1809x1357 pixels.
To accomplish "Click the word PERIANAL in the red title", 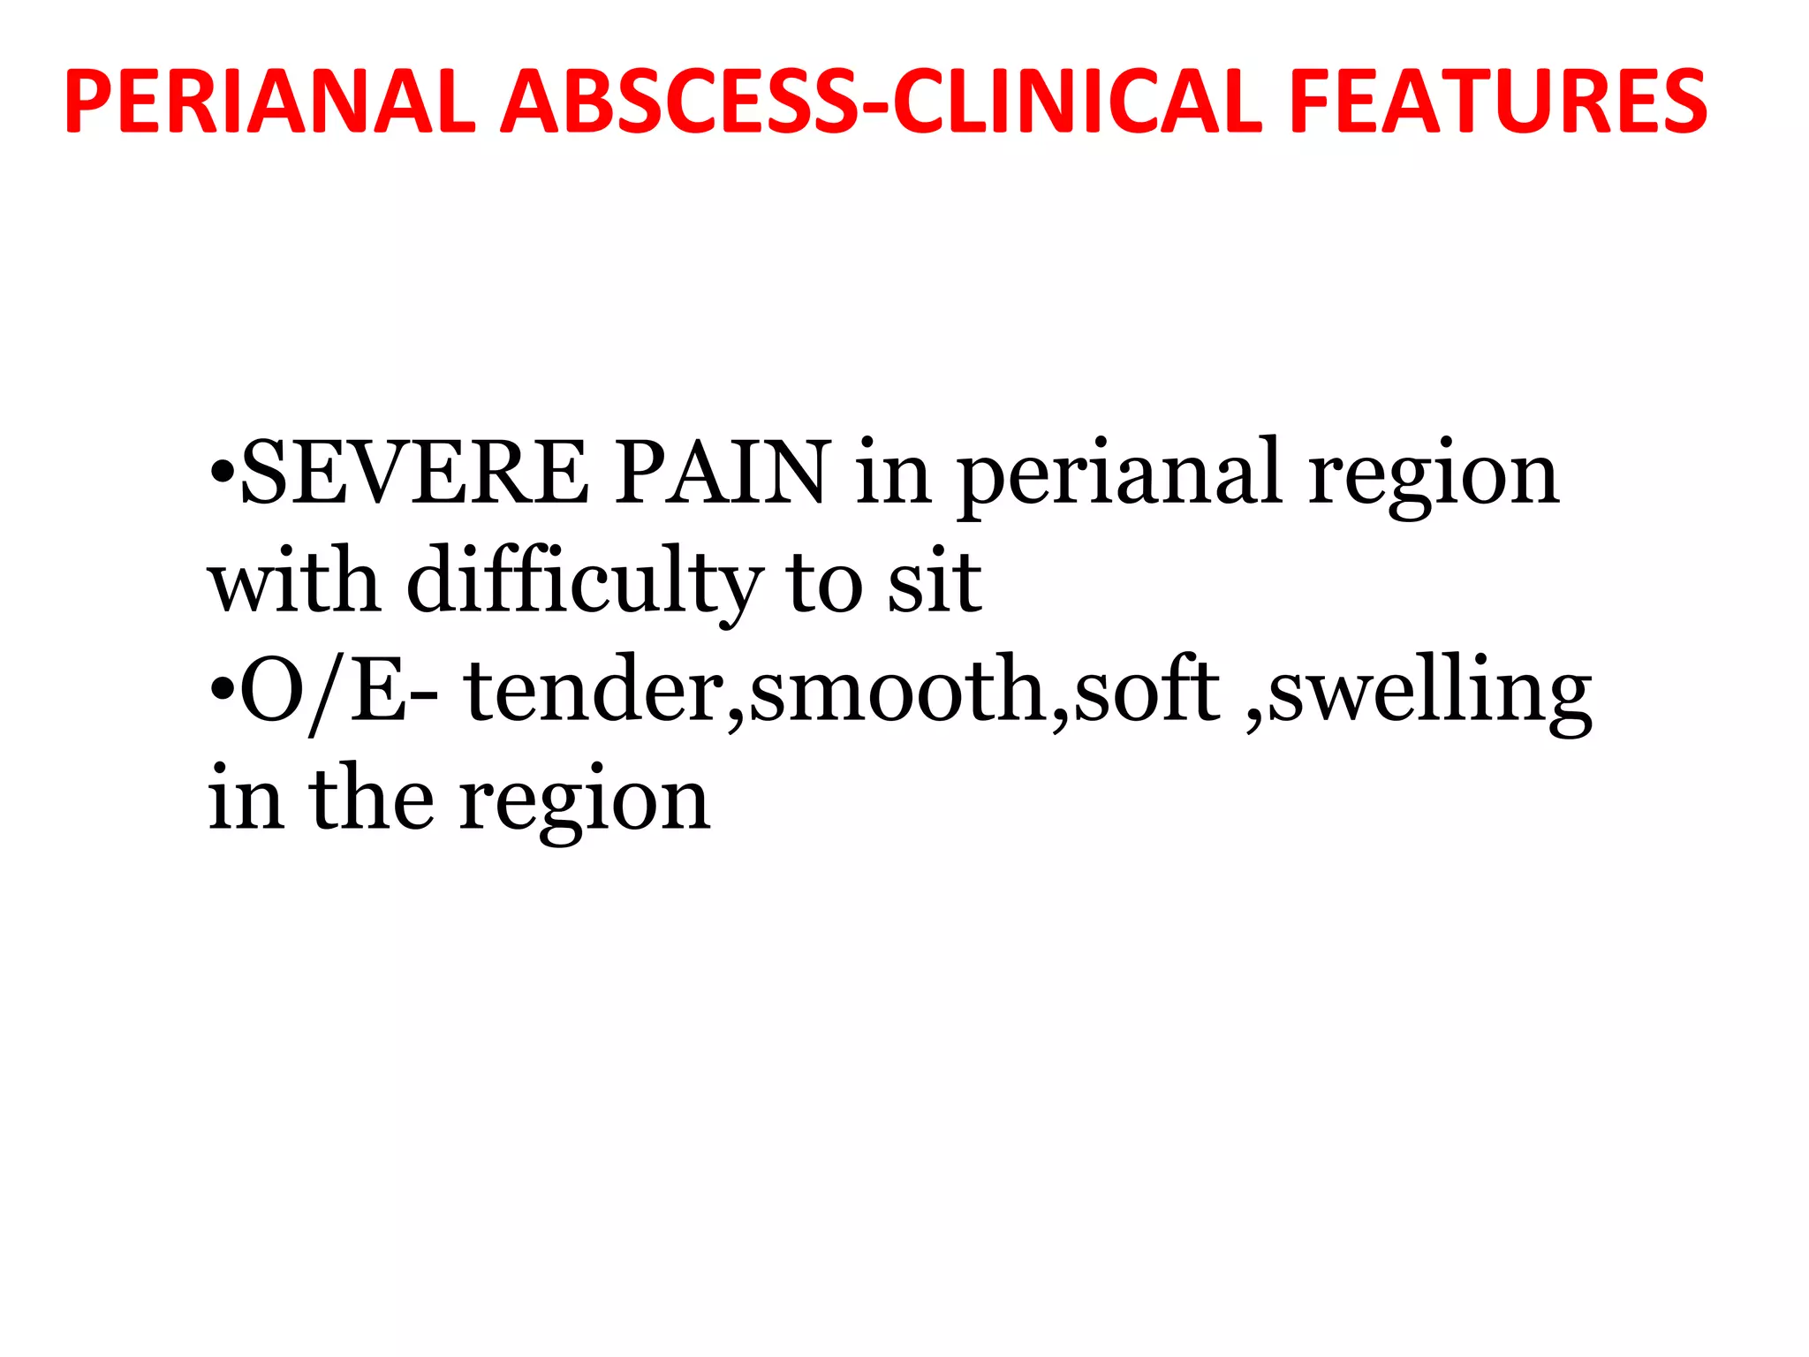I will [270, 102].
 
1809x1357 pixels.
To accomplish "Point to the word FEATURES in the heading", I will [1498, 102].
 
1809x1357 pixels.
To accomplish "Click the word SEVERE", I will [414, 474].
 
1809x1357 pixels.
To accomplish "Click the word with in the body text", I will [295, 581].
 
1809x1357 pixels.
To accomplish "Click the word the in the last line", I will [372, 799].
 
